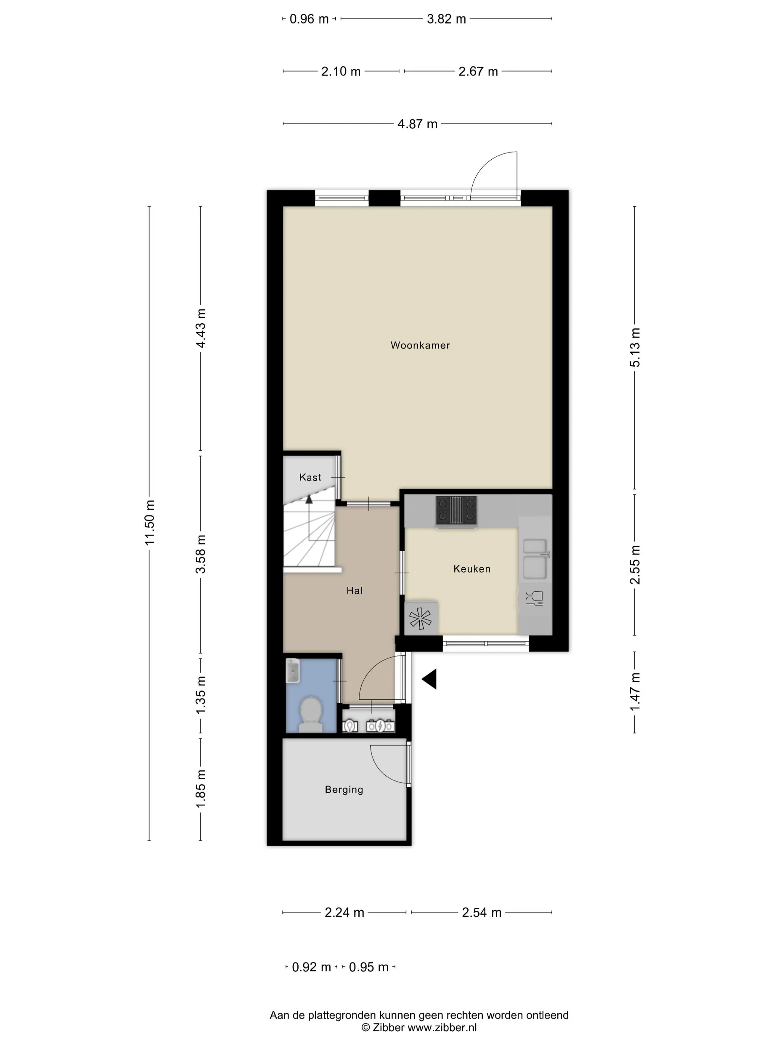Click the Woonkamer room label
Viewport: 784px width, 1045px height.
420,345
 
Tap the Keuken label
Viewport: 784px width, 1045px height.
472,569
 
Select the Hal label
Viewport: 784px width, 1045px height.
354,590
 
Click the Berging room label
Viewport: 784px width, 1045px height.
344,789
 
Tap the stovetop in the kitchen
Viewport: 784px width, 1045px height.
456,510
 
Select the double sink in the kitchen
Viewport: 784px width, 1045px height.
535,559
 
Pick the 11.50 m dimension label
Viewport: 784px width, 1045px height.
150,522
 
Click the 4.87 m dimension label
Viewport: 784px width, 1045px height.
417,124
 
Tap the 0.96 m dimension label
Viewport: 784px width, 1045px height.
309,19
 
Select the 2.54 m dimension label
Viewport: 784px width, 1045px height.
482,912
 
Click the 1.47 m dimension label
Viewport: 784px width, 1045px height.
635,692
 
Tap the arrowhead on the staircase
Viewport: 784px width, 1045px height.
309,498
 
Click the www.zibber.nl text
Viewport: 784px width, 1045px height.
442,1027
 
